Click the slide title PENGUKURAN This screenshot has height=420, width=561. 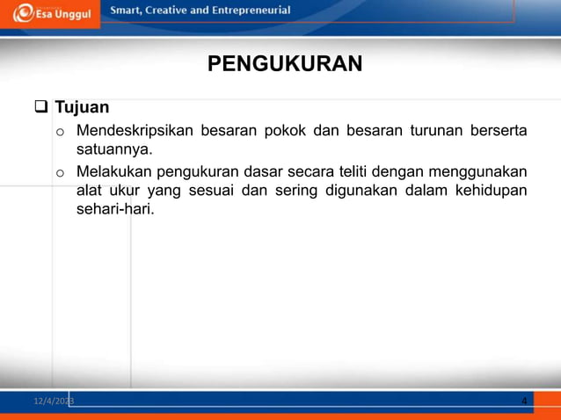point(284,64)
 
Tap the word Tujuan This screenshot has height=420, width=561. point(82,108)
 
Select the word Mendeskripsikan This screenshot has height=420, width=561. point(134,132)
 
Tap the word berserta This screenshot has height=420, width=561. point(498,132)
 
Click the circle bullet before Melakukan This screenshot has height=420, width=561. point(59,172)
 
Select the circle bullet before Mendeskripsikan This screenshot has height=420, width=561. point(59,134)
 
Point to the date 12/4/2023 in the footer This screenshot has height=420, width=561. point(54,401)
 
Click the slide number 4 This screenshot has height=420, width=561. point(524,402)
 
